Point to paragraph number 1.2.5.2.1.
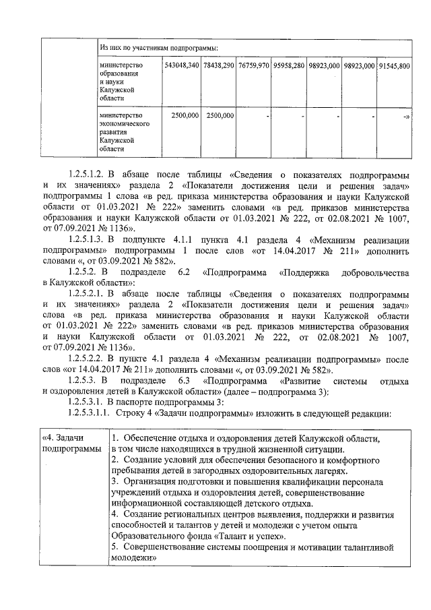click(92, 293)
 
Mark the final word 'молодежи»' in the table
click(133, 558)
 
